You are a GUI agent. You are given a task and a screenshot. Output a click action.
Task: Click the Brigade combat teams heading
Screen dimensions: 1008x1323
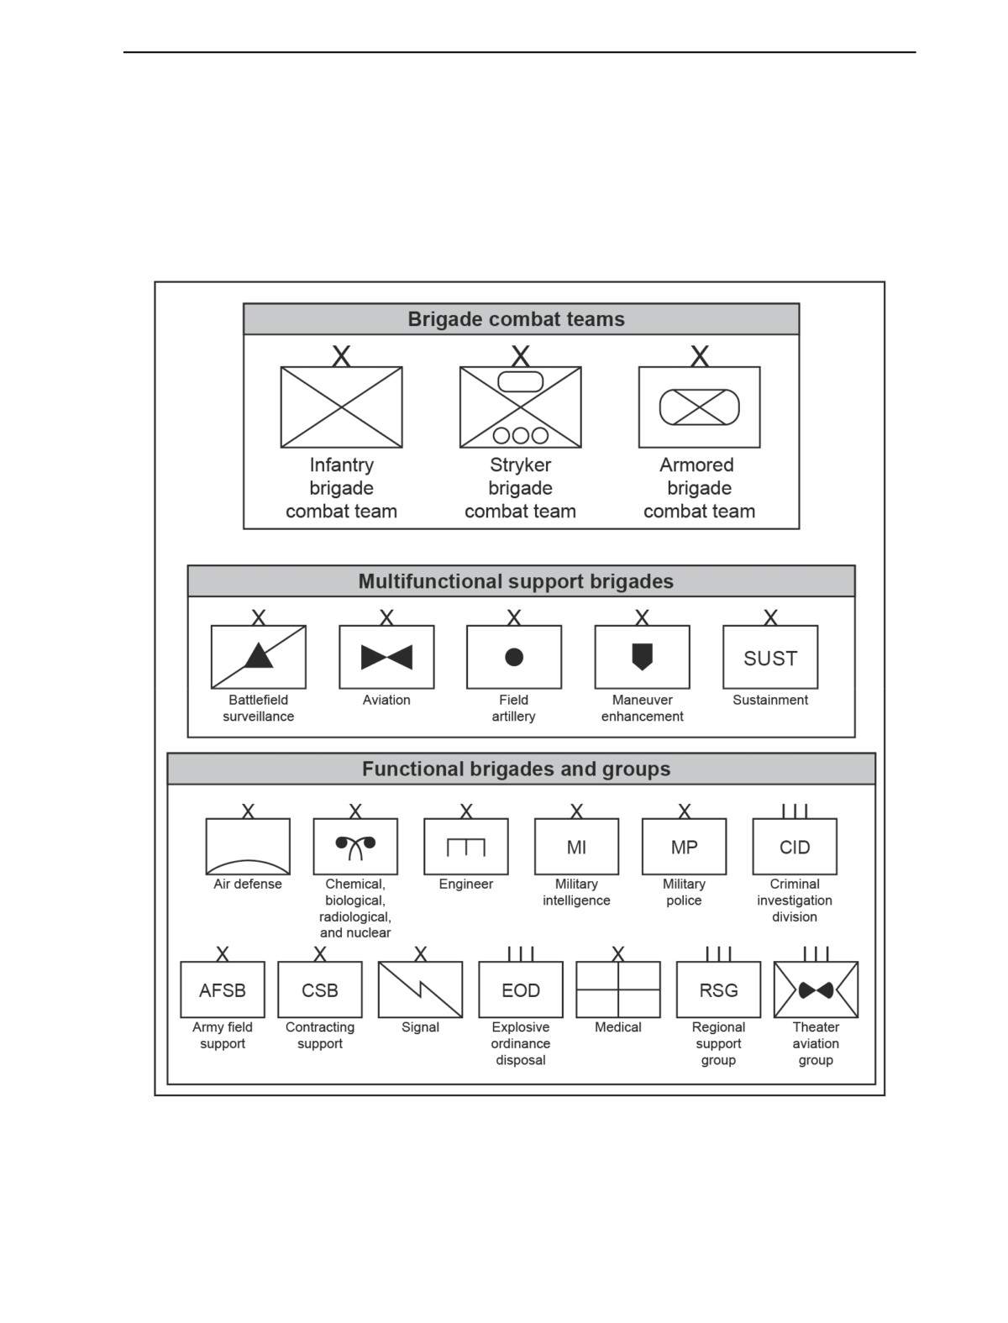click(x=516, y=319)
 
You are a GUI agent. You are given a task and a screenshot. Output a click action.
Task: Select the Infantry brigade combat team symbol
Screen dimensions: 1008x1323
click(x=341, y=407)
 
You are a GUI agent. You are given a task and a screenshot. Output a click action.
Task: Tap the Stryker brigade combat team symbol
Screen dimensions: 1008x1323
click(x=520, y=407)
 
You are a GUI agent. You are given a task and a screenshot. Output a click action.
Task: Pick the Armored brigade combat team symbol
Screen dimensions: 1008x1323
click(x=699, y=407)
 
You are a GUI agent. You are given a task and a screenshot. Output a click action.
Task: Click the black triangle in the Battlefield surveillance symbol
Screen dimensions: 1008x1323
click(x=259, y=656)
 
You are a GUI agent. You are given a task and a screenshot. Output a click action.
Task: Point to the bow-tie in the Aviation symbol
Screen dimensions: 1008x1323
click(x=386, y=657)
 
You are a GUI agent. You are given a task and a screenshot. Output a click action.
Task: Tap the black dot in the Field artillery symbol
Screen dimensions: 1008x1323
click(x=514, y=657)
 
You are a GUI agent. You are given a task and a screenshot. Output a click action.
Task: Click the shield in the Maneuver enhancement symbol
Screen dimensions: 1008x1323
click(x=643, y=657)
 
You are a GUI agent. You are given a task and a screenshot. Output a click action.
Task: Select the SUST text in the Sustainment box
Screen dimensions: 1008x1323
click(x=770, y=659)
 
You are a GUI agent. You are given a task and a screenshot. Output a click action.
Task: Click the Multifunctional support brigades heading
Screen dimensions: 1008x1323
click(x=516, y=581)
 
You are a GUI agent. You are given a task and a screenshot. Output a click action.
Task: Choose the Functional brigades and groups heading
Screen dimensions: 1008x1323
click(x=516, y=769)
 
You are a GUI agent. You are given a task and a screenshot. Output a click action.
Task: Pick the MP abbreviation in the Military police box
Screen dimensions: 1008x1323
click(x=684, y=848)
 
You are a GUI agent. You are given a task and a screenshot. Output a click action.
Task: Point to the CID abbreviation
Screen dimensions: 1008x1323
click(x=795, y=848)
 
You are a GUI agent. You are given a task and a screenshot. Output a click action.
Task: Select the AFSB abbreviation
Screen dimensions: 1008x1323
click(x=223, y=990)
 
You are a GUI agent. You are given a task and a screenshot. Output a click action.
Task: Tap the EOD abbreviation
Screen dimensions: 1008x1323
click(x=521, y=990)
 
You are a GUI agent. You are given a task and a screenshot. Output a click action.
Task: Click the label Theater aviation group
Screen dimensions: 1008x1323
click(x=815, y=1043)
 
